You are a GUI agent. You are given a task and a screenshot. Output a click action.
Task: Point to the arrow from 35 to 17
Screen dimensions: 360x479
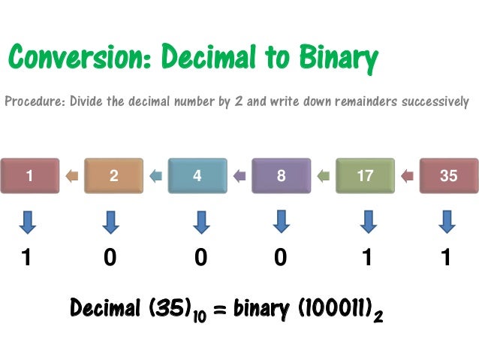[407, 177]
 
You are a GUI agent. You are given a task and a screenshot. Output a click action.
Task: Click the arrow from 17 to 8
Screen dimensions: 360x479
[323, 177]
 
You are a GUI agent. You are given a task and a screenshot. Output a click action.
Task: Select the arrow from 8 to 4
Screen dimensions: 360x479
[239, 177]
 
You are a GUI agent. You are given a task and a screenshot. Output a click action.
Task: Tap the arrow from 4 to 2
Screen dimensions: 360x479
[155, 177]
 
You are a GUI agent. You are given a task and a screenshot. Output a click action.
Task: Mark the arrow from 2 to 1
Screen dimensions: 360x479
[71, 177]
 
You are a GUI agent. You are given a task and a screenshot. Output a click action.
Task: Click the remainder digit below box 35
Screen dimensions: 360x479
[446, 259]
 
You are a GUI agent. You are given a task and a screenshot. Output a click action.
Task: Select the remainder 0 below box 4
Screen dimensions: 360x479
[200, 259]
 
